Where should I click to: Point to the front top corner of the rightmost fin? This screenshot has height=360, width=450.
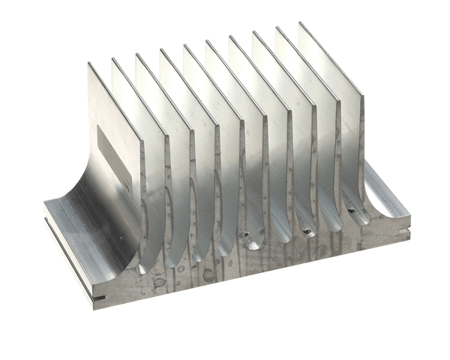[x=361, y=94]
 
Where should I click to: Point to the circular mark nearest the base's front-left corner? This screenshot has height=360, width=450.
[x=159, y=283]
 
